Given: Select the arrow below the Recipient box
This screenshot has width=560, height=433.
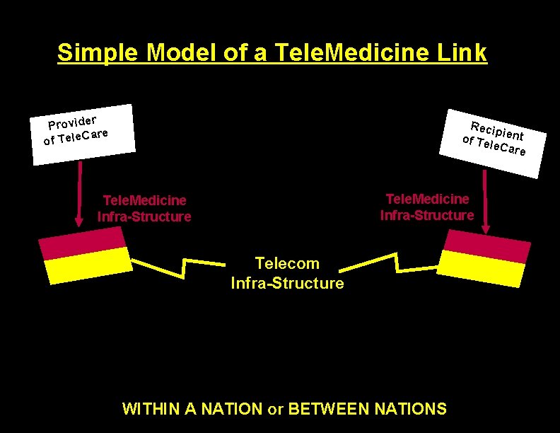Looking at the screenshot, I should tap(486, 205).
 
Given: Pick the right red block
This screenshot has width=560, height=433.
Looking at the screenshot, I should tap(486, 246).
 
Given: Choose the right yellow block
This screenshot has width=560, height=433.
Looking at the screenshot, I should tap(481, 268).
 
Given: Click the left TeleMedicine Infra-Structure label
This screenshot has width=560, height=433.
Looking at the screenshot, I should tap(144, 209).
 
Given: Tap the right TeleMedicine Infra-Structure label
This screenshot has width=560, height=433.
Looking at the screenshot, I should tap(427, 207).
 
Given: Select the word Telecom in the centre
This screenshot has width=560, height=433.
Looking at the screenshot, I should tap(287, 264).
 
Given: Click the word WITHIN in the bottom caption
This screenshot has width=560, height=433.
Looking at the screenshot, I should tap(151, 409).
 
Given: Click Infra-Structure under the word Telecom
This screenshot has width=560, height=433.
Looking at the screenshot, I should tap(287, 284).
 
